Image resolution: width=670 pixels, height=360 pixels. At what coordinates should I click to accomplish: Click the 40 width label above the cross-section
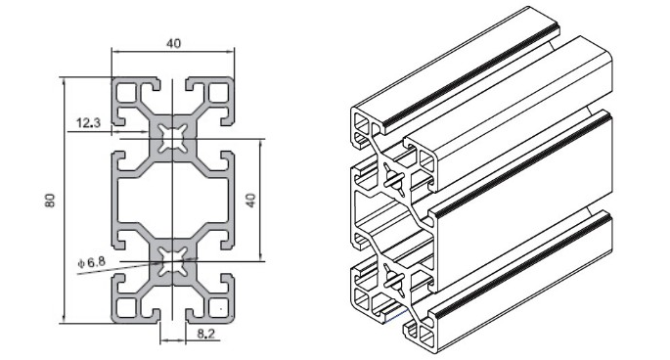click(x=173, y=43)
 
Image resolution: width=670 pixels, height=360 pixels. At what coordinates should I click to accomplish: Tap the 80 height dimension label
click(x=50, y=201)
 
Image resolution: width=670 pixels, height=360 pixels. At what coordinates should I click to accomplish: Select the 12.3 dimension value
click(x=88, y=123)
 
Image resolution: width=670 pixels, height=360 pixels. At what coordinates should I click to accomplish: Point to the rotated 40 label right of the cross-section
click(x=251, y=201)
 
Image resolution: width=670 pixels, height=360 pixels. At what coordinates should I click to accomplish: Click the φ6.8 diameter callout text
click(x=91, y=261)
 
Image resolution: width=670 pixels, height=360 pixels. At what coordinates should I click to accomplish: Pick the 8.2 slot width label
click(x=206, y=334)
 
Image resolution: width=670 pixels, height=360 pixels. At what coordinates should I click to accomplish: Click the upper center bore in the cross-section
click(x=172, y=139)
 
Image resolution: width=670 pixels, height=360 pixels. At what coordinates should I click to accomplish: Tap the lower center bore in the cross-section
click(x=172, y=261)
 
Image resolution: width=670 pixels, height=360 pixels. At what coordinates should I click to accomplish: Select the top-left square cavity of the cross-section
click(x=127, y=93)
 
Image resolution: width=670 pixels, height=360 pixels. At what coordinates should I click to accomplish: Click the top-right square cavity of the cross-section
click(x=218, y=93)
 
